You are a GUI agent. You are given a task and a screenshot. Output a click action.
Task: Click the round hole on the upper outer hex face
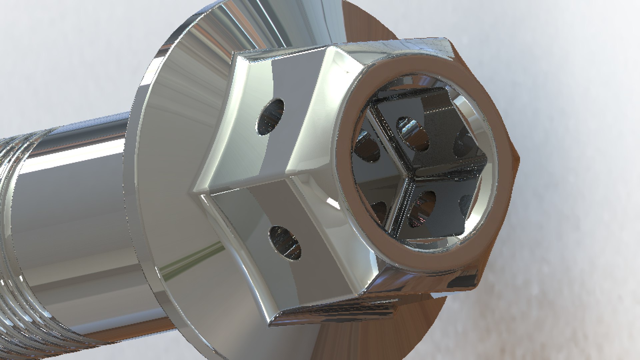(x=271, y=117)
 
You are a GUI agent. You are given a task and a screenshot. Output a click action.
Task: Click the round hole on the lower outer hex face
(x=285, y=243)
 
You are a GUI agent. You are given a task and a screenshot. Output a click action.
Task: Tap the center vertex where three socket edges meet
(x=409, y=176)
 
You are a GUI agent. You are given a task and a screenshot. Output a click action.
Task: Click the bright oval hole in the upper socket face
(x=412, y=133)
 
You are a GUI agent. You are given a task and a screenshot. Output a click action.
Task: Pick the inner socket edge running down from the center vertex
(x=398, y=207)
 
